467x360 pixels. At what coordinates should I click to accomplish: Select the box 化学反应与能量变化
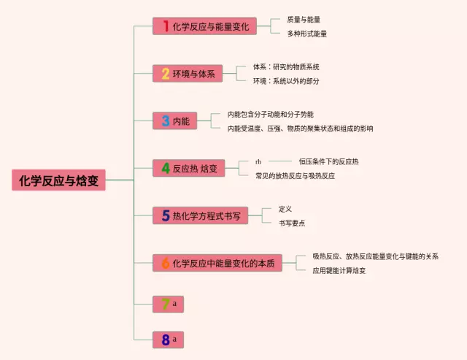click(205, 26)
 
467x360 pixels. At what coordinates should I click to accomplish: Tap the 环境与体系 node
click(188, 74)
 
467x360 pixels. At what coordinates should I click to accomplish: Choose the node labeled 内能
click(175, 121)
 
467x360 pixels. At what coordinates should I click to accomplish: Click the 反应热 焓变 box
click(188, 169)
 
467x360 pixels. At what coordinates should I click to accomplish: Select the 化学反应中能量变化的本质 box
click(217, 263)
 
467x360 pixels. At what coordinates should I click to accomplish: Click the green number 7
click(166, 303)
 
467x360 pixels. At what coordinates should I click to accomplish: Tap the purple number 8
click(166, 340)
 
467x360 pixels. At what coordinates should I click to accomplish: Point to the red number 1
click(166, 26)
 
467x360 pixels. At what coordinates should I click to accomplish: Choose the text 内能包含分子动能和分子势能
click(270, 115)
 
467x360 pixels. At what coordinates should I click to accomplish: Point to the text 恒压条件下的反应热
click(328, 161)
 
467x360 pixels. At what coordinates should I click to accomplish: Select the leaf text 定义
click(285, 209)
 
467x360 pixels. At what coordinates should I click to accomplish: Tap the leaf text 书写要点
click(292, 223)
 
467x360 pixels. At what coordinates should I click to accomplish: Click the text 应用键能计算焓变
click(339, 270)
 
